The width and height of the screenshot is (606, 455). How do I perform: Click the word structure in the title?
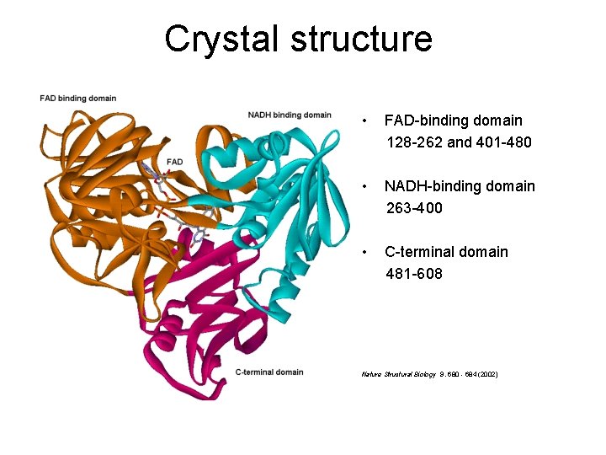click(x=364, y=39)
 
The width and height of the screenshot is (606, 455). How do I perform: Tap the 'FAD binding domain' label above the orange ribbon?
click(x=77, y=99)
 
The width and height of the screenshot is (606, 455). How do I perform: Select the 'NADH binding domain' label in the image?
click(x=290, y=115)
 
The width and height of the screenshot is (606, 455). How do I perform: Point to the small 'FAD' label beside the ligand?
click(x=174, y=161)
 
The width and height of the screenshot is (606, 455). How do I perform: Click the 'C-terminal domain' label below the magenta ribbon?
click(x=269, y=372)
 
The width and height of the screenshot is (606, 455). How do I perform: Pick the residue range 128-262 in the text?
click(x=414, y=142)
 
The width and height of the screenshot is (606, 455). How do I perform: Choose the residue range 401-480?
click(x=502, y=142)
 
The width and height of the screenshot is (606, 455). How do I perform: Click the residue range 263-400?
click(x=414, y=208)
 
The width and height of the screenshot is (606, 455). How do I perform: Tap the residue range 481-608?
click(x=414, y=274)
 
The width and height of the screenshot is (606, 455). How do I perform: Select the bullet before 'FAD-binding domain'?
click(x=363, y=121)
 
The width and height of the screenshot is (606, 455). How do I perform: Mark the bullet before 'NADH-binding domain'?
click(x=363, y=186)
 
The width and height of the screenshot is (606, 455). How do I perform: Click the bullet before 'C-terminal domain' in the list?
click(x=363, y=252)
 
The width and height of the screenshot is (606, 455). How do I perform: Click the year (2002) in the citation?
click(x=485, y=373)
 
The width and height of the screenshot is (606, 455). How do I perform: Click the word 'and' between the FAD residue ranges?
click(x=460, y=142)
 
